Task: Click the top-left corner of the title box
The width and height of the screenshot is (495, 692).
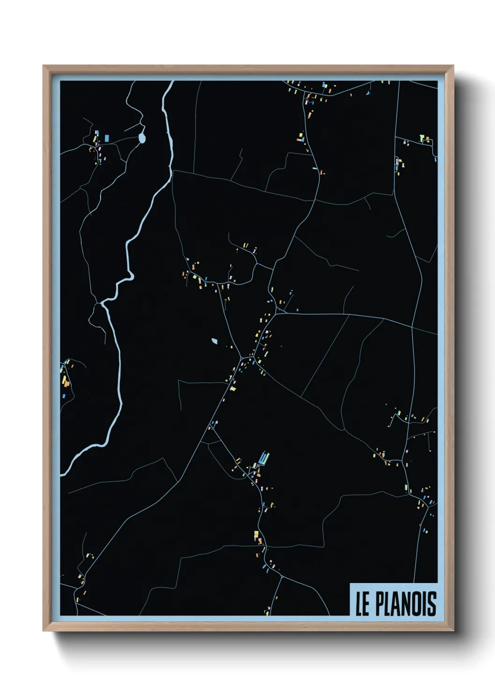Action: coord(350,583)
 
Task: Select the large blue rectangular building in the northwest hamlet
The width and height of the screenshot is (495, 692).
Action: coord(107,138)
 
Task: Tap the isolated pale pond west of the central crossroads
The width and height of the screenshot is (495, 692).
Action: coord(214,341)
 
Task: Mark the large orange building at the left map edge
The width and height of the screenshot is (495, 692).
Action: coord(66,383)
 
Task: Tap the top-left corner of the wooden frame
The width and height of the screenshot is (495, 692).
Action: coord(44,66)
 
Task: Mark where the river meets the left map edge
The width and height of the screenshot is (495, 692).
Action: coord(61,473)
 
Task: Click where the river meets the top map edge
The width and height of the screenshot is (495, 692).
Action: coord(171,82)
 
